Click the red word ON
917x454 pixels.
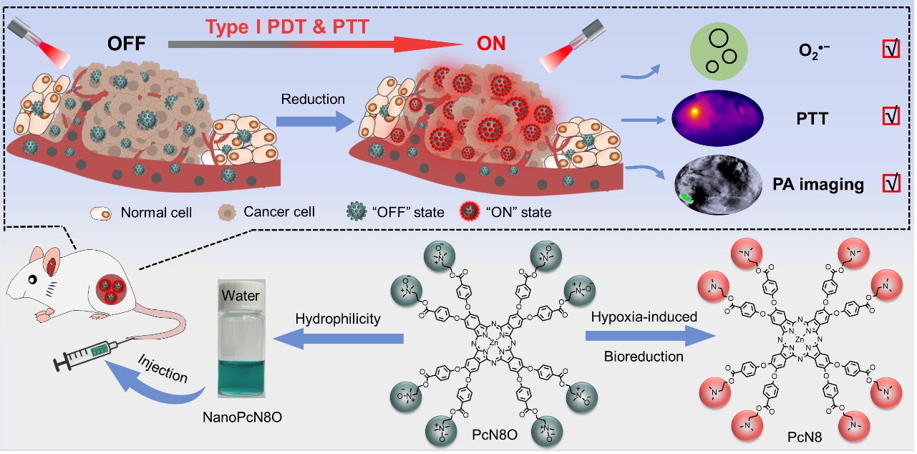491,44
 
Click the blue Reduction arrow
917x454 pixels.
313,119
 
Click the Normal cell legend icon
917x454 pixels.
102,212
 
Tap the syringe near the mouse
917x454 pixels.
83,355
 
